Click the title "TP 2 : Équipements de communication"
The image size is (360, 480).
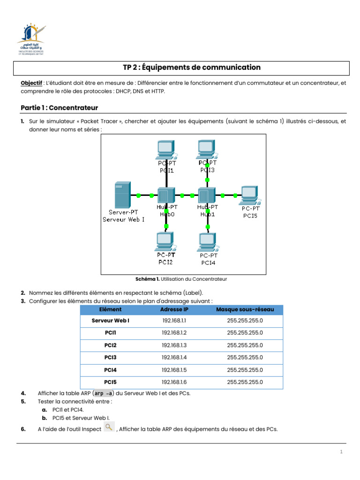point(192,67)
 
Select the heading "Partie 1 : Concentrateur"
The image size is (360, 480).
point(59,108)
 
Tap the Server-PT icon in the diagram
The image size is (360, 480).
point(122,195)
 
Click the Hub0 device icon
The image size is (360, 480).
point(165,195)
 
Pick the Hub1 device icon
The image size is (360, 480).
point(207,195)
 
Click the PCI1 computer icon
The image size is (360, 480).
point(165,149)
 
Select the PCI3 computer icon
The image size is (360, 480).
point(207,148)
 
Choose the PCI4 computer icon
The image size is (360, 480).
point(207,241)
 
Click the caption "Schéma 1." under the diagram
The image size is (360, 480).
point(147,279)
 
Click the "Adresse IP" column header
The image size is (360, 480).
point(174,310)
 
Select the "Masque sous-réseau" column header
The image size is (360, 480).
point(245,310)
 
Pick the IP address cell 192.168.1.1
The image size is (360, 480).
point(174,321)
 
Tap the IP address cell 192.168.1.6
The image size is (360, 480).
point(174,382)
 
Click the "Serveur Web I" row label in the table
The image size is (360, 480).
point(111,321)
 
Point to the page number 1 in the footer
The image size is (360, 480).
point(342,452)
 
